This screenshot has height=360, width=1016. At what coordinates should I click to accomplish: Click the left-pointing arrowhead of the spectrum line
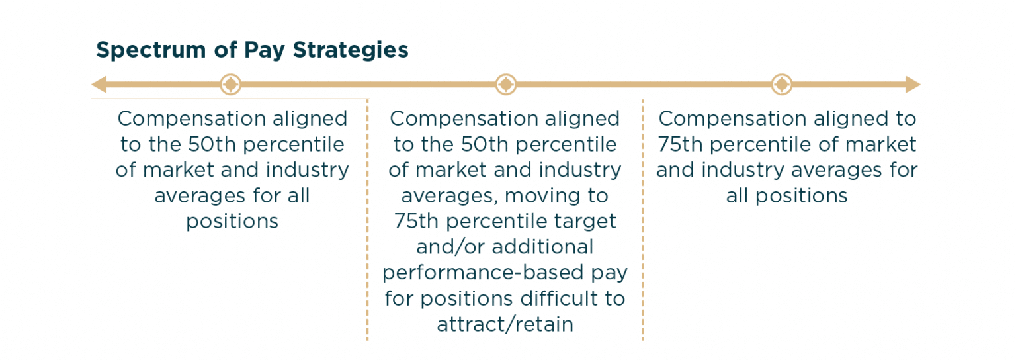(99, 85)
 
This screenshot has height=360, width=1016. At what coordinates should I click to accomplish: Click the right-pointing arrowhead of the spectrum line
(913, 85)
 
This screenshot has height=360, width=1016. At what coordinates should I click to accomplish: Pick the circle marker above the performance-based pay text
(506, 85)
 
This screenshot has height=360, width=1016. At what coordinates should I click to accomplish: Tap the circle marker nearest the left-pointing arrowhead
(230, 85)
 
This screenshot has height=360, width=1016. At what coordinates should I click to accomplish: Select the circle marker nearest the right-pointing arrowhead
(782, 85)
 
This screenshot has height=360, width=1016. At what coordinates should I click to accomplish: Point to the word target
(584, 221)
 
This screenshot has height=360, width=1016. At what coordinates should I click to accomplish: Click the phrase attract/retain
(505, 324)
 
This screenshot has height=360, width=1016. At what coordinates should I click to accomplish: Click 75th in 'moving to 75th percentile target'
(415, 221)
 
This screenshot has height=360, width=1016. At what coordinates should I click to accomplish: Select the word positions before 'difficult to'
(462, 298)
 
